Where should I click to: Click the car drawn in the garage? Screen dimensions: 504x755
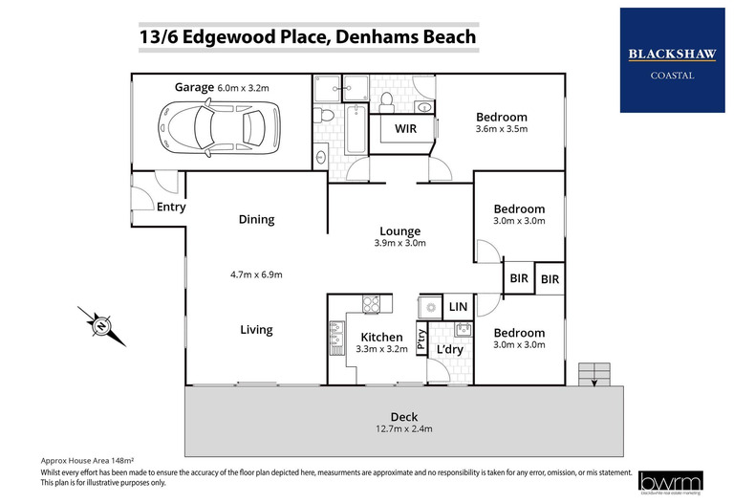point(221,124)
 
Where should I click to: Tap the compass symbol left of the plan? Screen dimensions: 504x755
point(100,326)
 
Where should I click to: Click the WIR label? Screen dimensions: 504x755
point(405,127)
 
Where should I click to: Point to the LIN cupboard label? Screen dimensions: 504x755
point(457,307)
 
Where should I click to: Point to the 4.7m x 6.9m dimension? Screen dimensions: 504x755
point(255,274)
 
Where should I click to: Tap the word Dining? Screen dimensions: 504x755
point(256,219)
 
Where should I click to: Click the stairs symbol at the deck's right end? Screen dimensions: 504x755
point(593,372)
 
